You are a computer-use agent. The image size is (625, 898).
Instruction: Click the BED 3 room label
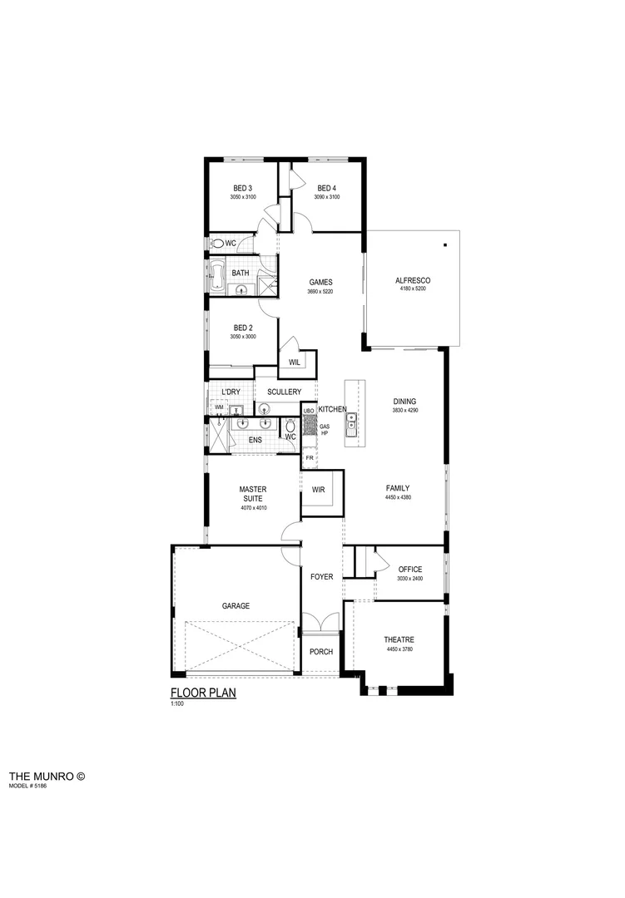(243, 188)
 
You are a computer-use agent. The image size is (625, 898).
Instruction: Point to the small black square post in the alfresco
(446, 244)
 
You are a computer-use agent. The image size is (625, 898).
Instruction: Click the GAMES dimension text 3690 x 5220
(320, 292)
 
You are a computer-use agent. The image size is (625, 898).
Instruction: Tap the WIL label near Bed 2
(295, 363)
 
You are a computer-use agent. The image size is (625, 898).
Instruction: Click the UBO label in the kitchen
(309, 411)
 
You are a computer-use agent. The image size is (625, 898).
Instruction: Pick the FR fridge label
(309, 458)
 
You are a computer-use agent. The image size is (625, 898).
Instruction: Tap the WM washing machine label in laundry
(219, 407)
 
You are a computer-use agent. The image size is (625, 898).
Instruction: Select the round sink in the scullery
(264, 407)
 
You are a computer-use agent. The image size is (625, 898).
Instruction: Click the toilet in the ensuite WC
(290, 427)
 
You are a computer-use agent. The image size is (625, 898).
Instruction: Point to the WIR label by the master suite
(318, 490)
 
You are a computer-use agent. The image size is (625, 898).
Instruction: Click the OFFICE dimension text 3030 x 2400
(410, 578)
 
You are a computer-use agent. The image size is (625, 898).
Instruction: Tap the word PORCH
(320, 651)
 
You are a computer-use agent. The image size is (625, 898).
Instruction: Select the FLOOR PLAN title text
(203, 693)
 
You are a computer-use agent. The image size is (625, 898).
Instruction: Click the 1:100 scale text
(176, 704)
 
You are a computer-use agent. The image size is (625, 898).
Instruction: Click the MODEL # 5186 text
(28, 785)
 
